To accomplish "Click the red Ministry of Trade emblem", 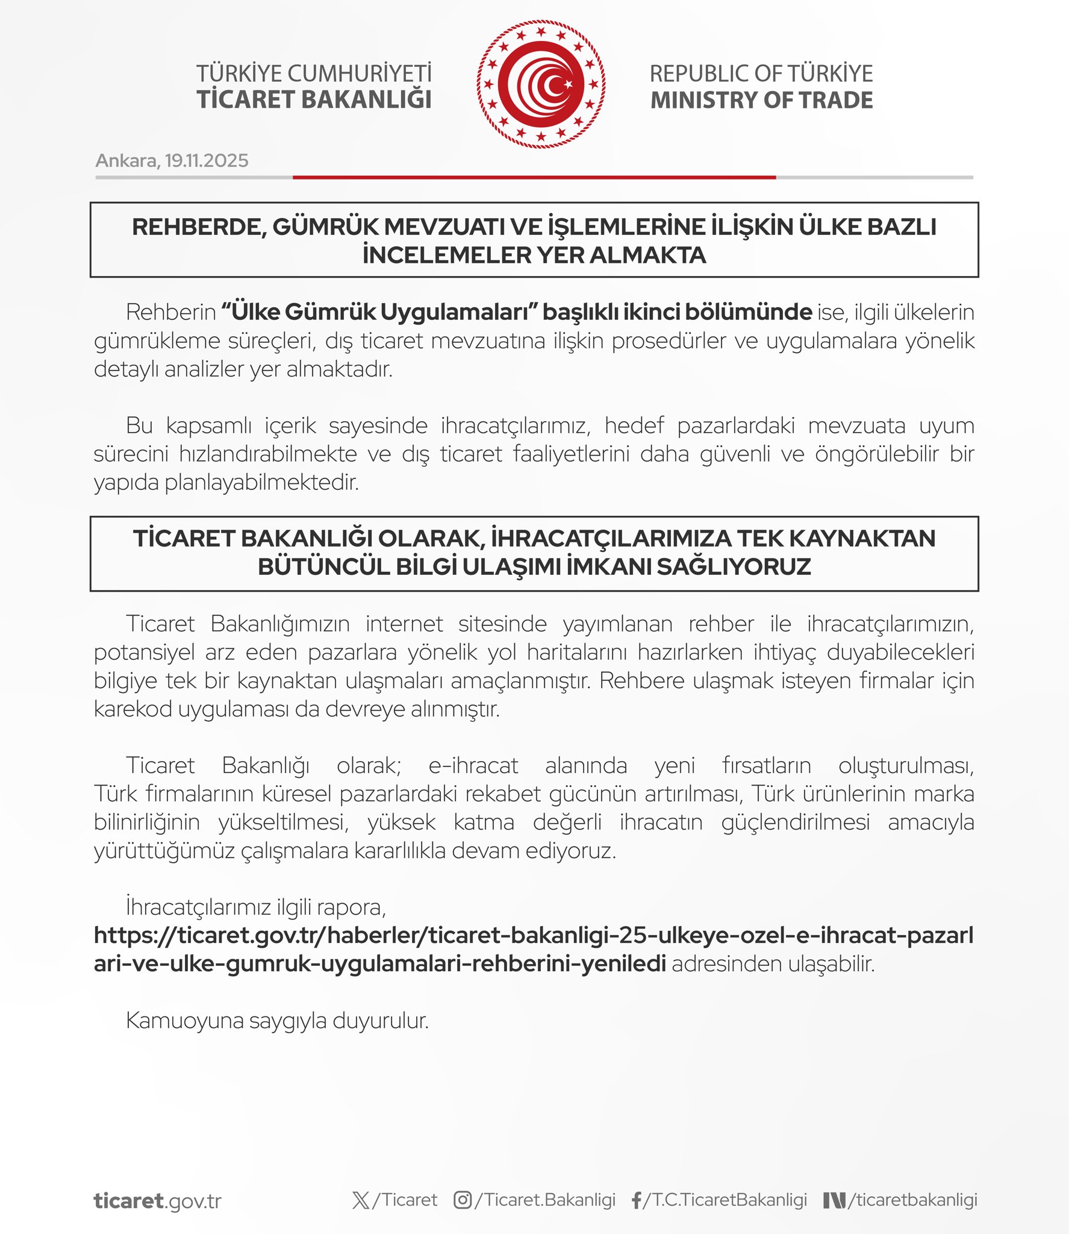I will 541,84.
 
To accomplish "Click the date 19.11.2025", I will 207,161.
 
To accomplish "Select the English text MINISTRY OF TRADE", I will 761,100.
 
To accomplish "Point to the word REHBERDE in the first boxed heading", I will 196,227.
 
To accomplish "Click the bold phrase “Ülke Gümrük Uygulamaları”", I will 379,312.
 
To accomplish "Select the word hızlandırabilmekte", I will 268,454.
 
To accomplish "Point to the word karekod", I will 132,709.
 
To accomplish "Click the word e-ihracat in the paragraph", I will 473,766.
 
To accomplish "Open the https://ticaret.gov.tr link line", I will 533,936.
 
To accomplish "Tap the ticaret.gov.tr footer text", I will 157,1201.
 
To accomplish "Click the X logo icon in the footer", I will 361,1200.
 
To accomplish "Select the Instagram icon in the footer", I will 462,1200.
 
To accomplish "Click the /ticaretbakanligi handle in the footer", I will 912,1200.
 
